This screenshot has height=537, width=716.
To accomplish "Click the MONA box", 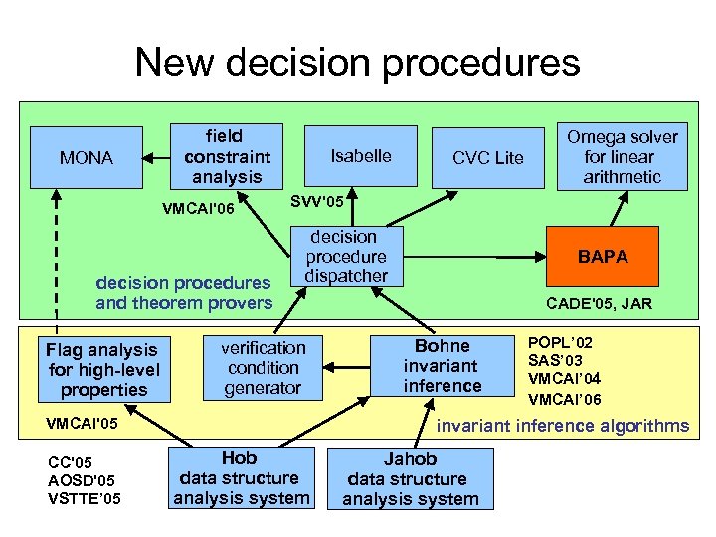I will click(x=86, y=157).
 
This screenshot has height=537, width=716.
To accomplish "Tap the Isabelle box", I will click(x=361, y=156).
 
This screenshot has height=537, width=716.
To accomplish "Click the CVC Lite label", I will click(x=487, y=158).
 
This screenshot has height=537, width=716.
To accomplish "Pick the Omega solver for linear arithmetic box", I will click(x=622, y=156).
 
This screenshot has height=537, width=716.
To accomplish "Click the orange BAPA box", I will click(x=603, y=256).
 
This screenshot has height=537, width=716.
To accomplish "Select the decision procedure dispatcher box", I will click(x=345, y=257).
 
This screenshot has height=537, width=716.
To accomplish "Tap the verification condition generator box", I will click(x=263, y=368).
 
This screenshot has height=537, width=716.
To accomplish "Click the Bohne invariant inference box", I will click(x=443, y=365).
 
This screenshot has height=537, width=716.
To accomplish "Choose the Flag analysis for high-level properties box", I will click(x=102, y=369).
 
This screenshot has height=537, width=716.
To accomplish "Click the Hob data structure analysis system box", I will click(x=242, y=478).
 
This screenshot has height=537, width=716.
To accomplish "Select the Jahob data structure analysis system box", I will click(x=411, y=479).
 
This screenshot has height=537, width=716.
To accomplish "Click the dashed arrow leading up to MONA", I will click(x=57, y=259).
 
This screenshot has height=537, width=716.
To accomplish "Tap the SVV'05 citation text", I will click(x=317, y=202).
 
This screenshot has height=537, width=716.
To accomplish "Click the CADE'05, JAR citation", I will click(x=600, y=304).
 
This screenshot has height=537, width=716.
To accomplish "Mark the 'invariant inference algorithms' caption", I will click(x=563, y=426).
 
